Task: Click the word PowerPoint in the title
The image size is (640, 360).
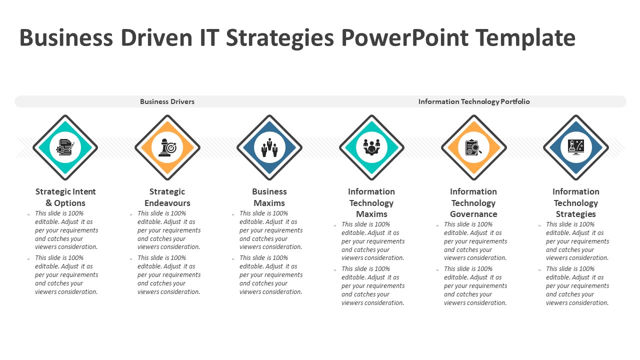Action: click(405, 37)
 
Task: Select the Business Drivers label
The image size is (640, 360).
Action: click(167, 101)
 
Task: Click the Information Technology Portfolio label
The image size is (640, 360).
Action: click(474, 101)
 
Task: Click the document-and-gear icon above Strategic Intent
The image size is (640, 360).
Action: click(65, 147)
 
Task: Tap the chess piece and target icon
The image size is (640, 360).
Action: click(167, 147)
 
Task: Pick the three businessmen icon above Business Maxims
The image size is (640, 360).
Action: click(269, 147)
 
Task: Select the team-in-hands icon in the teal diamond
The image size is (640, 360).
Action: click(371, 147)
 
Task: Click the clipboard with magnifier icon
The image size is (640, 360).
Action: click(473, 147)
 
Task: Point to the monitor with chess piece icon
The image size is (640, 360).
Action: click(575, 147)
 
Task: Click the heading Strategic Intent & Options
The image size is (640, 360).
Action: click(65, 197)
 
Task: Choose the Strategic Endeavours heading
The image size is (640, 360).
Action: click(167, 197)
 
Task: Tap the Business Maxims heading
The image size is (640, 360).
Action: click(269, 197)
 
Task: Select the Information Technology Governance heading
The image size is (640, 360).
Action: click(473, 202)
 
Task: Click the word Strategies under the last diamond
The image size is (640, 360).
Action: click(575, 214)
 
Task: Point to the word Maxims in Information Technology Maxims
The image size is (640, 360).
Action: click(371, 214)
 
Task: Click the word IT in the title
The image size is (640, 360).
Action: click(209, 37)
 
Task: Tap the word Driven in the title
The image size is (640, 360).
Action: click(156, 37)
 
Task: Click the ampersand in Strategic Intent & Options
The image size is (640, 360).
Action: click(49, 203)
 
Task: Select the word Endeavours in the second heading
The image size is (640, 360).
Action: click(167, 203)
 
